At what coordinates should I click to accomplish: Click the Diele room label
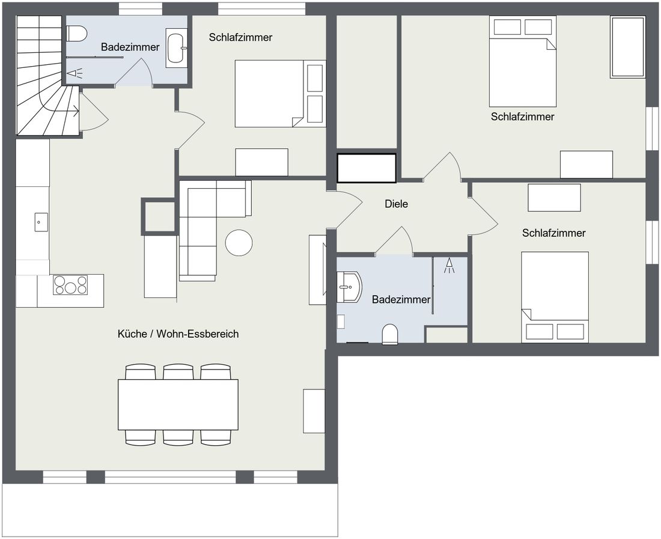[x=396, y=204]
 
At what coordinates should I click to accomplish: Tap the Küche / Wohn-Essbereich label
[x=178, y=334]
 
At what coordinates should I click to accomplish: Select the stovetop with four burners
[x=70, y=285]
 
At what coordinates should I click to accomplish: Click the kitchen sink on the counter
[x=40, y=222]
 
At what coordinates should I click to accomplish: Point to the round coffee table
[x=239, y=243]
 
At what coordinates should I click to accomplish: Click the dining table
[x=178, y=404]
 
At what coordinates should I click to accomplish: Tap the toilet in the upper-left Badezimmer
[x=77, y=33]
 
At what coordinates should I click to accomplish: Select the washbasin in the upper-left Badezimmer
[x=176, y=48]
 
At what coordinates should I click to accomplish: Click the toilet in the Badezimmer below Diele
[x=390, y=334]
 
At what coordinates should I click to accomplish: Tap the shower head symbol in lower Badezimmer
[x=449, y=266]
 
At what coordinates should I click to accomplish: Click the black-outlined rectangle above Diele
[x=367, y=168]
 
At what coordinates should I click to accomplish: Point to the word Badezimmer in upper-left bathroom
[x=130, y=47]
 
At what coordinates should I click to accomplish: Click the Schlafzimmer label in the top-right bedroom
[x=522, y=117]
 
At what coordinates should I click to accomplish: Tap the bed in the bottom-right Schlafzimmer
[x=555, y=297]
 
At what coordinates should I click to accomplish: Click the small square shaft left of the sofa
[x=159, y=216]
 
